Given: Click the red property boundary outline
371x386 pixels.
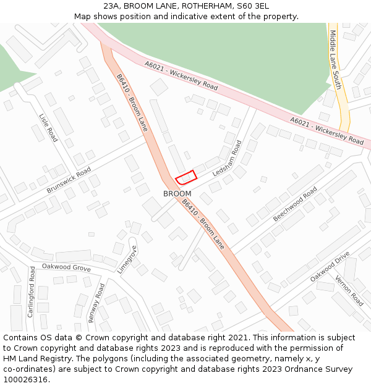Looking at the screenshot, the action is click(x=185, y=177).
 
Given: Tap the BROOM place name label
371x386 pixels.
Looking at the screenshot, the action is click(x=177, y=193).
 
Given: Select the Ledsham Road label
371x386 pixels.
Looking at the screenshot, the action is click(x=227, y=159).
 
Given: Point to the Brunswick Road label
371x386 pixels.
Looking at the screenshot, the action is click(x=69, y=180).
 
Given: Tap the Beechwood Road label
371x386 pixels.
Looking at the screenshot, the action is click(x=295, y=204).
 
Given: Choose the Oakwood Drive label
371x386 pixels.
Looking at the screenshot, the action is click(x=330, y=266).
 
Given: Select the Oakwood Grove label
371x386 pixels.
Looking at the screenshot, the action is click(x=66, y=267).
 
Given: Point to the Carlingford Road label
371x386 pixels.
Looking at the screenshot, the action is click(x=32, y=292).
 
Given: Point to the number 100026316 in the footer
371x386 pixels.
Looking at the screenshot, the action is click(x=24, y=380).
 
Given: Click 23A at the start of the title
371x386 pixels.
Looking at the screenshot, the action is click(x=112, y=6).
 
